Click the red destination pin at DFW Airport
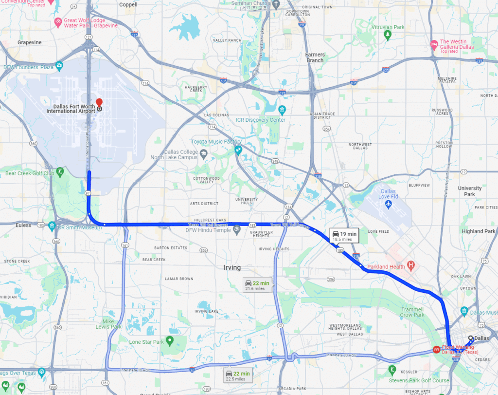tap(99, 102)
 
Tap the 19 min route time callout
tap(344, 236)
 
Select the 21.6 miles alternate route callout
tap(257, 285)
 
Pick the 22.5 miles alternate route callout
tap(238, 376)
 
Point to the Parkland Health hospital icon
tap(411, 266)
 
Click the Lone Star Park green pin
tap(170, 340)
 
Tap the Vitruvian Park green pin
tap(388, 35)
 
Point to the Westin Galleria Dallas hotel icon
tap(434, 45)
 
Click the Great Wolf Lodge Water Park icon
tap(58, 22)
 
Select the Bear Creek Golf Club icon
tap(60, 171)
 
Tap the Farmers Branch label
tap(315, 57)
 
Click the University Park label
tap(469, 191)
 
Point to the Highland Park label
tap(479, 231)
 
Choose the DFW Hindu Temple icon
tap(237, 229)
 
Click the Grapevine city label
tap(30, 42)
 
